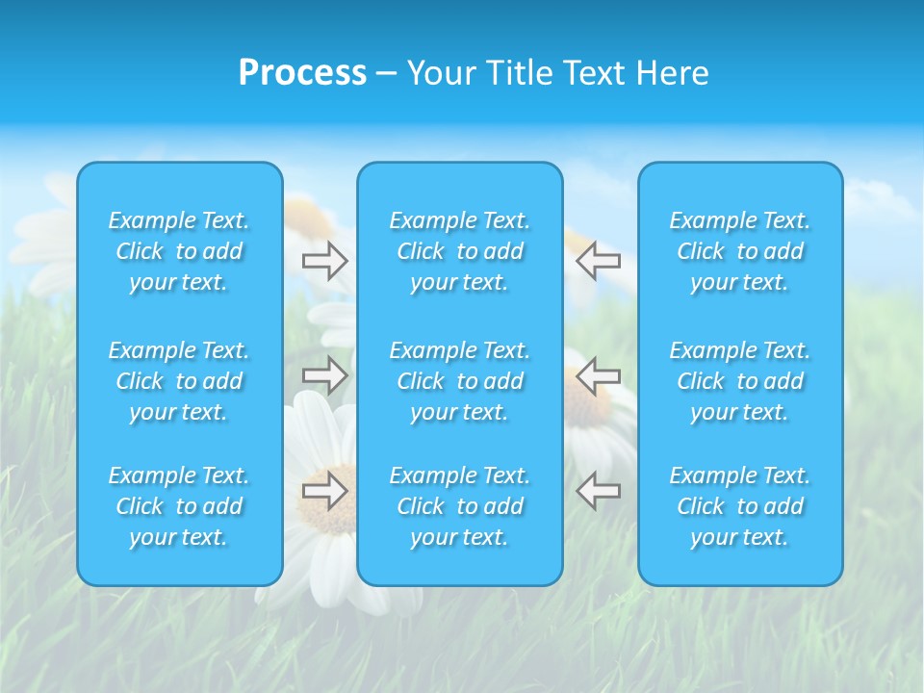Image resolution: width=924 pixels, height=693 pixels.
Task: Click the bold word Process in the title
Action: [302, 73]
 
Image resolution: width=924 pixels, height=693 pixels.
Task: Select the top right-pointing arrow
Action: [324, 261]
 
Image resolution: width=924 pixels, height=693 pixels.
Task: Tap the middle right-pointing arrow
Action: [324, 374]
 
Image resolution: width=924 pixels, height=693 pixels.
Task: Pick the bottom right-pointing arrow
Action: [324, 490]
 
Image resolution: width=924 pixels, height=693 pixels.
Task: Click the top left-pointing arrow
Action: [599, 261]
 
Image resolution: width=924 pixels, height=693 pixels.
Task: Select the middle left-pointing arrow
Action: [599, 374]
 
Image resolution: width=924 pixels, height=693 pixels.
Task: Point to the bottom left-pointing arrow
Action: [599, 490]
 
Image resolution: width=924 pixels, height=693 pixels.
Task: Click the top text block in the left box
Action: [179, 251]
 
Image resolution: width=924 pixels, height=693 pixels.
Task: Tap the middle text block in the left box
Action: [179, 381]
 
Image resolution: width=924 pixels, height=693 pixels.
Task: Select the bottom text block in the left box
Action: [179, 506]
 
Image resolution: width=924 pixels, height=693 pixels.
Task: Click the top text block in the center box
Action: [460, 251]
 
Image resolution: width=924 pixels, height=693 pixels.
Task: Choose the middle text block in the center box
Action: [460, 381]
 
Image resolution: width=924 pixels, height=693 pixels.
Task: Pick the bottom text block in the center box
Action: [460, 506]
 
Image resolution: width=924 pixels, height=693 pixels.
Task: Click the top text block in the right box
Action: [740, 251]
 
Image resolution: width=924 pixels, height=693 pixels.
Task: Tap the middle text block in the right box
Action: [740, 381]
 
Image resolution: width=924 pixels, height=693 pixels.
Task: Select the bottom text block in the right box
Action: [740, 506]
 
